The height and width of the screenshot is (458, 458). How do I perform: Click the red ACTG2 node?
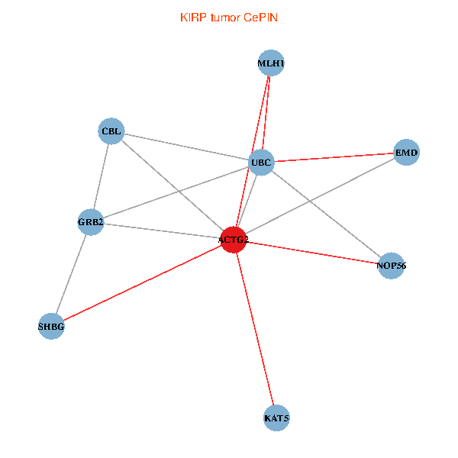[233, 240]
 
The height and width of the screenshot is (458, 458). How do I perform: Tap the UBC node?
[261, 162]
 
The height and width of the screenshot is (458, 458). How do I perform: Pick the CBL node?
[111, 131]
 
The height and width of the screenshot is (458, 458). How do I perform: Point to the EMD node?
[406, 153]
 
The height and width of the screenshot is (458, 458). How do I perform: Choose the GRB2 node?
[90, 223]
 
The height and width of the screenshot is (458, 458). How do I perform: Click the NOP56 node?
[391, 266]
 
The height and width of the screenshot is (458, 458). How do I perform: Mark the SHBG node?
[51, 327]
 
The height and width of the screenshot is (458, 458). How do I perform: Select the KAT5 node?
[276, 418]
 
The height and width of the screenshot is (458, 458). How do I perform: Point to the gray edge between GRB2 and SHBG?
[71, 274]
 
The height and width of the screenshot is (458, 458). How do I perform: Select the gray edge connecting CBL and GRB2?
[101, 177]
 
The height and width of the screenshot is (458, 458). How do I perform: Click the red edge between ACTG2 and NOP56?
[313, 253]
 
